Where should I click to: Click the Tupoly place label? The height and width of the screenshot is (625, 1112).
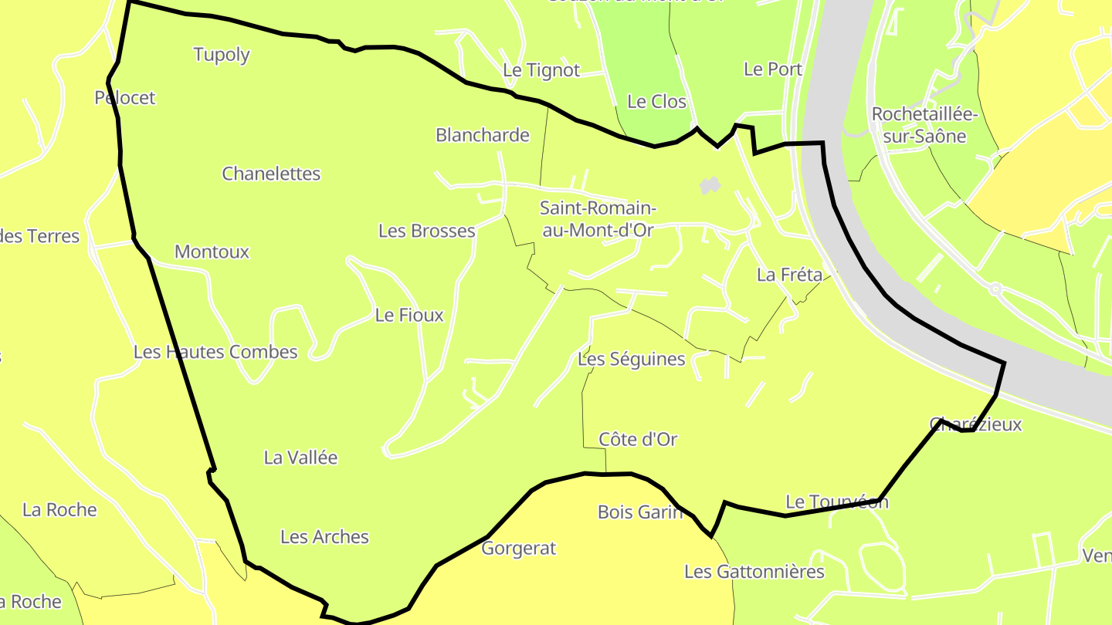[222, 54]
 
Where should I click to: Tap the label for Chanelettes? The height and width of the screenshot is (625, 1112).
[271, 174]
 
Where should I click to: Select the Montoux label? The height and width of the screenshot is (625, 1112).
[212, 252]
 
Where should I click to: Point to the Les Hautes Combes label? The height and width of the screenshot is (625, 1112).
[215, 352]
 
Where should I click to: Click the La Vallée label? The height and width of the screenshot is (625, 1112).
[300, 458]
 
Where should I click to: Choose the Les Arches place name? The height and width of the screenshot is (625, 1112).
[324, 537]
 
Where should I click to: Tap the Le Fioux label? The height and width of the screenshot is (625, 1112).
[409, 315]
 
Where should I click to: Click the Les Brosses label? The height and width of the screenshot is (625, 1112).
[426, 231]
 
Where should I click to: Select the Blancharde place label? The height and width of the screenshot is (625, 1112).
[483, 135]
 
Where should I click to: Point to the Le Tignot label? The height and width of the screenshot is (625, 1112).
[541, 69]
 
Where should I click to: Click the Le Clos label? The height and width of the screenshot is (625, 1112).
[656, 101]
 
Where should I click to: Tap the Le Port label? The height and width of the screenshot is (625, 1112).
[772, 69]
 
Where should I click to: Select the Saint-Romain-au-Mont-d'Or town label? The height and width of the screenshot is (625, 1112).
[598, 218]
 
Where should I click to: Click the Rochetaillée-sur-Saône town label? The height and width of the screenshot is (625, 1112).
[924, 125]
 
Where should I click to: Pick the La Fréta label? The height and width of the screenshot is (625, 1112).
[789, 274]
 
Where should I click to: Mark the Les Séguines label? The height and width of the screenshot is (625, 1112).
[631, 359]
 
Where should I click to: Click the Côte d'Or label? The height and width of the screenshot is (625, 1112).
[638, 439]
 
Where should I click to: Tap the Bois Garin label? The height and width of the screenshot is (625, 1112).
[640, 512]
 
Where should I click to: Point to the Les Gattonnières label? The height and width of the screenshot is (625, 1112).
[754, 572]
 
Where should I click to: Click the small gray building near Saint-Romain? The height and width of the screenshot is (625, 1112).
[709, 186]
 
